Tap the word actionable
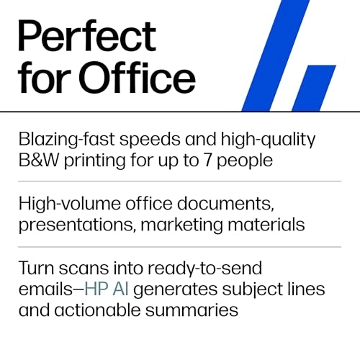click(94, 310)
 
